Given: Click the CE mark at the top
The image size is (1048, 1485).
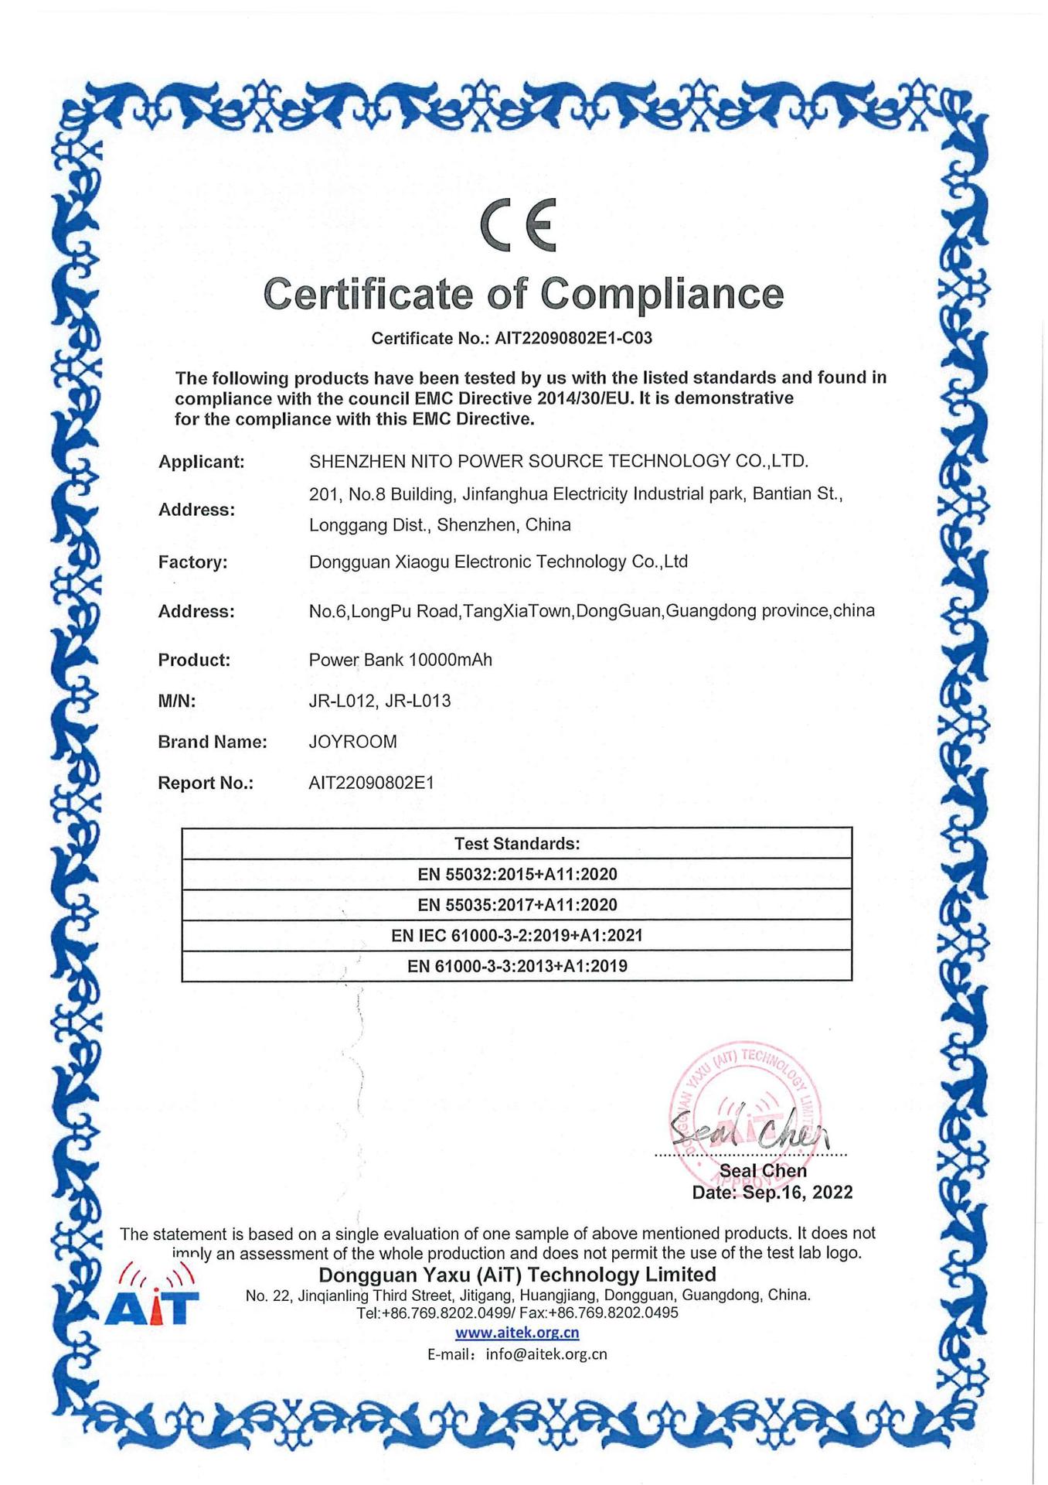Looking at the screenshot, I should [518, 225].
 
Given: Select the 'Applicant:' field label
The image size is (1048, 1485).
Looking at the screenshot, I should [201, 462].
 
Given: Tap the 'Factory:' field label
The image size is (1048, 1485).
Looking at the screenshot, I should [192, 562].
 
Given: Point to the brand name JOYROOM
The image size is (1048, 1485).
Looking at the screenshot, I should [352, 742].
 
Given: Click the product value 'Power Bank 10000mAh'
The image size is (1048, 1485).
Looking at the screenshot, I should [400, 660].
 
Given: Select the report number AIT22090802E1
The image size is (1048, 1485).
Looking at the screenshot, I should [371, 783].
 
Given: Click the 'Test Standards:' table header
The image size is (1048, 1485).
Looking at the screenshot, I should [516, 843].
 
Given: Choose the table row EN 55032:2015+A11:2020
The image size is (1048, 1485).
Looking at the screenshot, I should [516, 874].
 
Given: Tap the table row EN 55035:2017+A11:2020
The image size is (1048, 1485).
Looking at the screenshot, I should [516, 904].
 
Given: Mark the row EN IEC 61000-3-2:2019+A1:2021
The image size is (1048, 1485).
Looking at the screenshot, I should [516, 935].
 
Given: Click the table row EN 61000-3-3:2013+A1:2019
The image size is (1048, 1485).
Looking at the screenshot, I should [516, 965].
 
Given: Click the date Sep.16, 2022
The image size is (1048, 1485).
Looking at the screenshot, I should [798, 1192].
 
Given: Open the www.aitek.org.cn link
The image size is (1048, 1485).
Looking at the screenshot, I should [516, 1332].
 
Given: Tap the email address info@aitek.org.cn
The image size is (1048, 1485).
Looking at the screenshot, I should [546, 1354].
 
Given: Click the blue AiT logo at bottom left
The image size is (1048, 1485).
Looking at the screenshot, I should [152, 1299].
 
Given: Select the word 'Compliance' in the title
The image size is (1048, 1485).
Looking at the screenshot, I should [662, 294].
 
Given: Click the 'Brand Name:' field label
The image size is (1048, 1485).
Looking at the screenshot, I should [212, 742].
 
